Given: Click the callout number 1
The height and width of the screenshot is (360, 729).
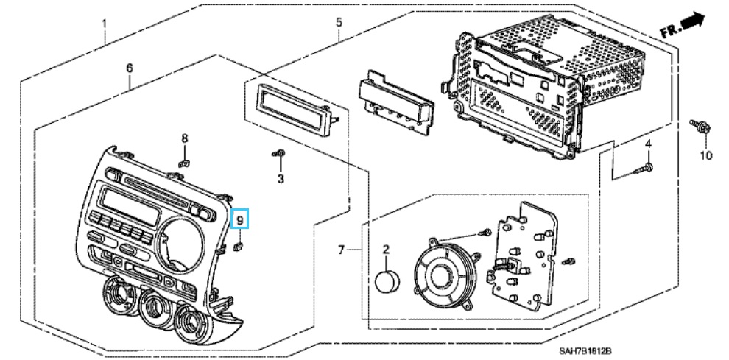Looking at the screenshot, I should [104, 23].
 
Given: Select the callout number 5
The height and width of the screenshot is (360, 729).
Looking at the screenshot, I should [339, 22].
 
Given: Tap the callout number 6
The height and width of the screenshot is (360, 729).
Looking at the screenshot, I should [130, 68].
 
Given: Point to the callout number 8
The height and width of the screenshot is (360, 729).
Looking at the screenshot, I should [185, 138].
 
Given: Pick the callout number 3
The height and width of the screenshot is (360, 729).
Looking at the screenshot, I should [281, 179].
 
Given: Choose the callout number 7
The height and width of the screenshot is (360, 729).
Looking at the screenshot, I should [341, 251].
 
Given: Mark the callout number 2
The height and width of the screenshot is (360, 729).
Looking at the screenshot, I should [386, 253].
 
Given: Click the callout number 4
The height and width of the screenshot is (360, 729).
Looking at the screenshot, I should [649, 142].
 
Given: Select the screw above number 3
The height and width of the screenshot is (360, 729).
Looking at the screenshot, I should [279, 153].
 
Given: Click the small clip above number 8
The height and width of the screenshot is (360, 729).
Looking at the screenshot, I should [186, 163].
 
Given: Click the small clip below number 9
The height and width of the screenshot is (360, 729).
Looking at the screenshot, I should [239, 246].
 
